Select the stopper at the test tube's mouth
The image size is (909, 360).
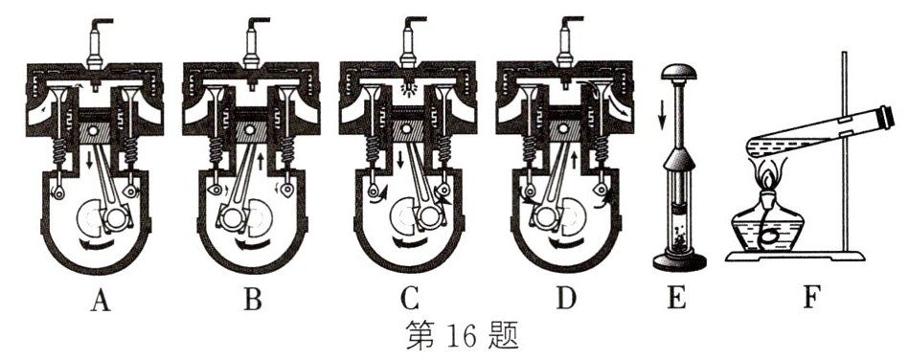[876, 116]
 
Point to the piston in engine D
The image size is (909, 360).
[565, 128]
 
